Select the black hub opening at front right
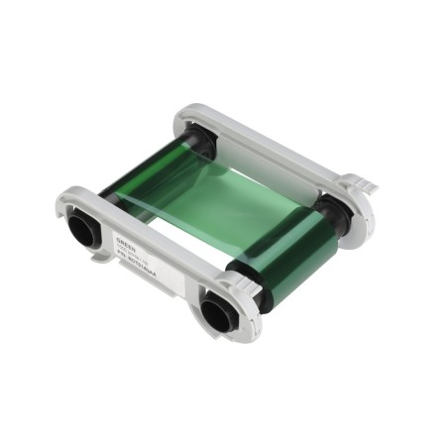click(215, 314)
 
